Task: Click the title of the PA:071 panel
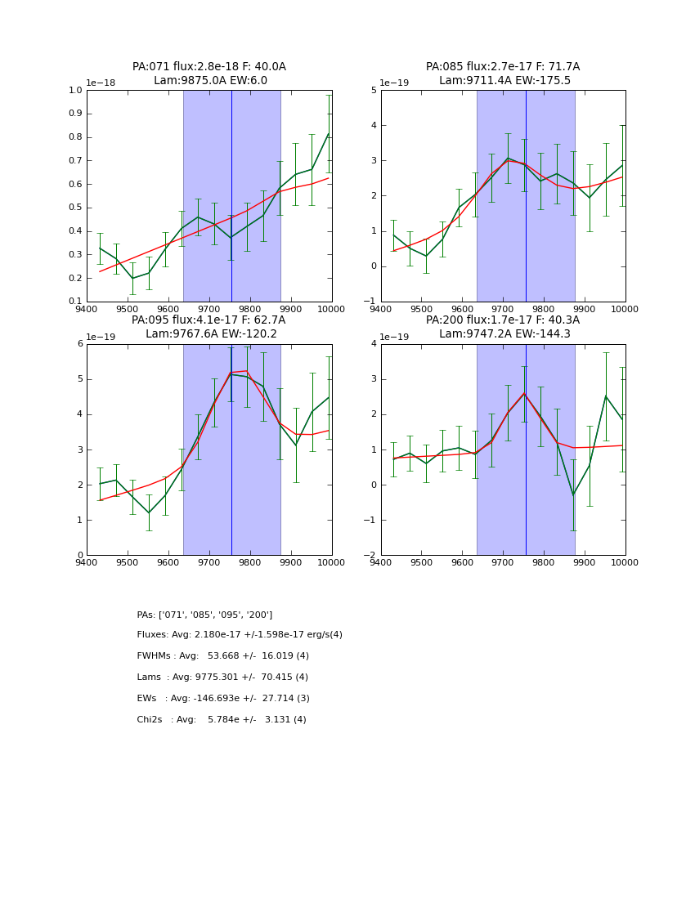click(209, 74)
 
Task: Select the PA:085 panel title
click(503, 74)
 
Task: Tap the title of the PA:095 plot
click(209, 327)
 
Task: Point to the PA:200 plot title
click(503, 327)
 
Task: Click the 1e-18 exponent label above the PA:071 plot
click(101, 83)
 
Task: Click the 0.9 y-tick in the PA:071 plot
click(75, 114)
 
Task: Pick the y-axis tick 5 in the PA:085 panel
click(372, 90)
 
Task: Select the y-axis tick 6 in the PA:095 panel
click(79, 343)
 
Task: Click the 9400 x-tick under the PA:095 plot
click(87, 563)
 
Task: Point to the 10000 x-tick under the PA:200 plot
click(625, 563)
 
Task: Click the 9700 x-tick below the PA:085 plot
click(503, 310)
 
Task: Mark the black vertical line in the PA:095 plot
click(231, 449)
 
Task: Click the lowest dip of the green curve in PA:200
click(573, 494)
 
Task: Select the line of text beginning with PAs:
click(204, 615)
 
